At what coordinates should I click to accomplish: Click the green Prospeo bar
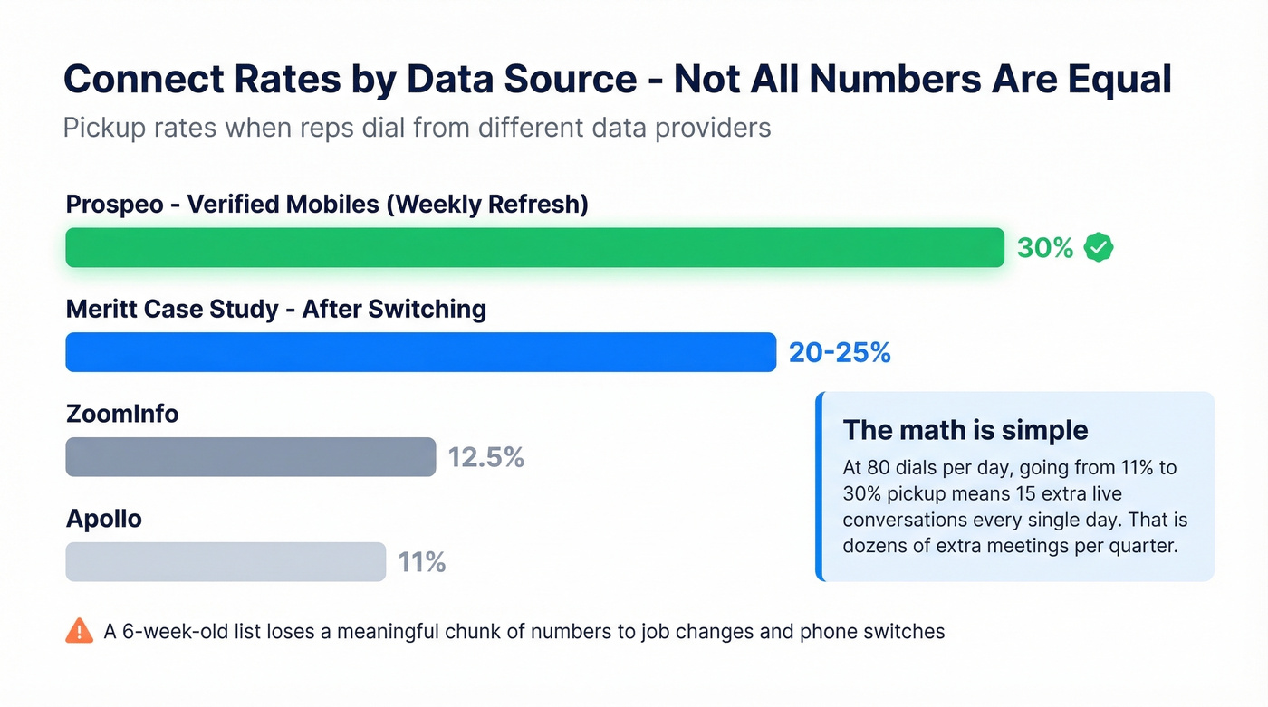(x=534, y=247)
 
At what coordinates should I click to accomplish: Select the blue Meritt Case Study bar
(x=420, y=352)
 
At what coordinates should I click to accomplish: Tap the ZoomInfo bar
(x=250, y=457)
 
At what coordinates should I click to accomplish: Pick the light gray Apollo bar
(x=226, y=562)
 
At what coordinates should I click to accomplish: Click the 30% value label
(x=1045, y=248)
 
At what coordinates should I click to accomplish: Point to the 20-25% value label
(x=840, y=352)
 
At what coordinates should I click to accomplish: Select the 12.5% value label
(x=486, y=457)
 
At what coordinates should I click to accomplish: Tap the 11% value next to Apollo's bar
(x=422, y=562)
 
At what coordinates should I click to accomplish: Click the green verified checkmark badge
(x=1099, y=247)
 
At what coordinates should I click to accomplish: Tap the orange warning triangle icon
(x=79, y=630)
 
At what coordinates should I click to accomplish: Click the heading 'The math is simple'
(x=965, y=429)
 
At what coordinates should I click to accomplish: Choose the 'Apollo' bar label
(x=104, y=519)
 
